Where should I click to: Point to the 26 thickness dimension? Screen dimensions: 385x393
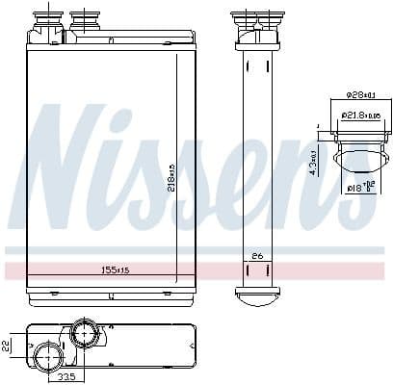coord(256,255)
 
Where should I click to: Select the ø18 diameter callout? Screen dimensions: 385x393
coord(357,188)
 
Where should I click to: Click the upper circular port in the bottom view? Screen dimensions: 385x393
coord(84,335)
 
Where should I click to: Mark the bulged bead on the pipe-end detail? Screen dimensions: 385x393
coord(357,158)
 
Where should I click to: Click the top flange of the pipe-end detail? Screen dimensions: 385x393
coord(357,132)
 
